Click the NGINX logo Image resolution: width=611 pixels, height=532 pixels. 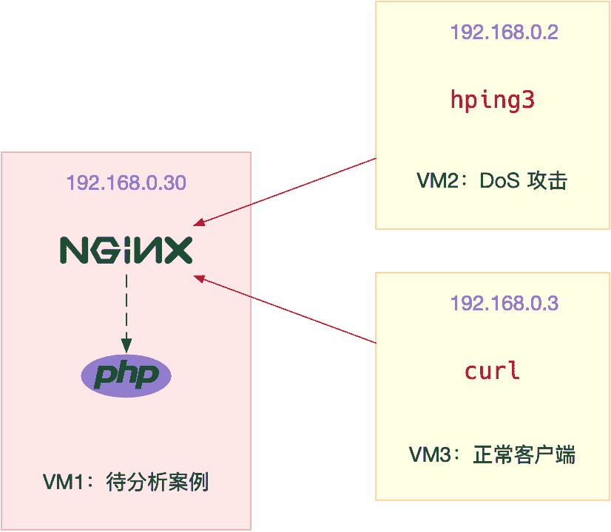pyautogui.click(x=126, y=250)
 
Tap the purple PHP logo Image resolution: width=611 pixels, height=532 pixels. pyautogui.click(x=126, y=376)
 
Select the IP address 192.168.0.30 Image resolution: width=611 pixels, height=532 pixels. pyautogui.click(x=126, y=183)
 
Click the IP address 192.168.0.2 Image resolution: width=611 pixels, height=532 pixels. pyautogui.click(x=504, y=33)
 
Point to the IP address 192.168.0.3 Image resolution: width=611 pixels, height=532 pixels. pyautogui.click(x=504, y=303)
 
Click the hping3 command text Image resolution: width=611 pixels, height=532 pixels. pyautogui.click(x=492, y=100)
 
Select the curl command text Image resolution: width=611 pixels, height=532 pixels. pyautogui.click(x=492, y=370)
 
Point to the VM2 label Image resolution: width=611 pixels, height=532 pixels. pyautogui.click(x=433, y=181)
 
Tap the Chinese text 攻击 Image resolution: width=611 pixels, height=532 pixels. pyautogui.click(x=547, y=181)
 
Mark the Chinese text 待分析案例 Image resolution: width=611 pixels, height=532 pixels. pyautogui.click(x=158, y=482)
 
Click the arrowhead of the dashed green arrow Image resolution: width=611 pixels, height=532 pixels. pyautogui.click(x=126, y=344)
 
